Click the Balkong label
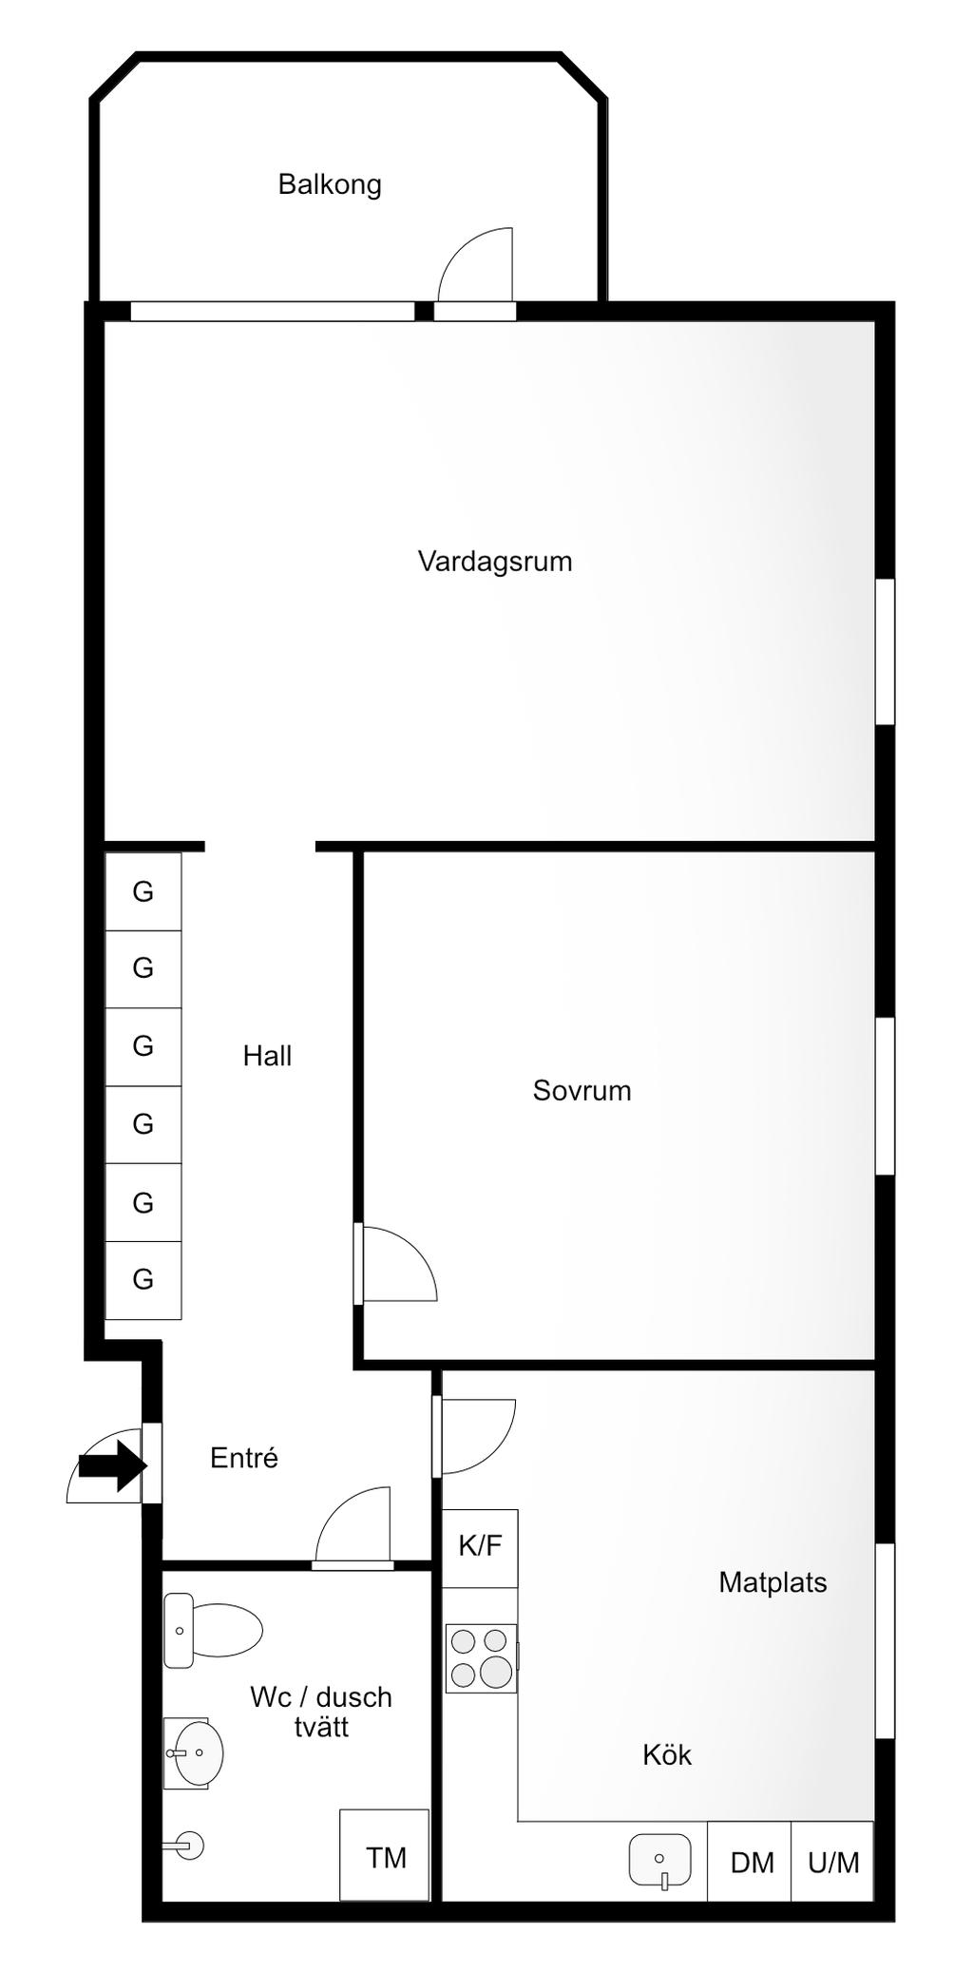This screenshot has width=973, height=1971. [330, 183]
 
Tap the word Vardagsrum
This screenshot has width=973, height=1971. [495, 561]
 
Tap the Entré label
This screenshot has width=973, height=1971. [244, 1458]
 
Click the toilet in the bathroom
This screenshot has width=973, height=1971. [213, 1631]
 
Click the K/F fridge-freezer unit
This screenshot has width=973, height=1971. [481, 1547]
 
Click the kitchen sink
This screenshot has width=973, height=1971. [660, 1859]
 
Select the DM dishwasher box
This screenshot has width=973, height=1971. [751, 1863]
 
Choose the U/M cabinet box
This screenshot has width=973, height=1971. [832, 1863]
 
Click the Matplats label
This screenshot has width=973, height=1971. [773, 1582]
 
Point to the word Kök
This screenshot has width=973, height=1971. [667, 1754]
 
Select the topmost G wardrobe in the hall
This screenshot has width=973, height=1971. [143, 891]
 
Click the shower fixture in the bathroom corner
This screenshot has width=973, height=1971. [186, 1846]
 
